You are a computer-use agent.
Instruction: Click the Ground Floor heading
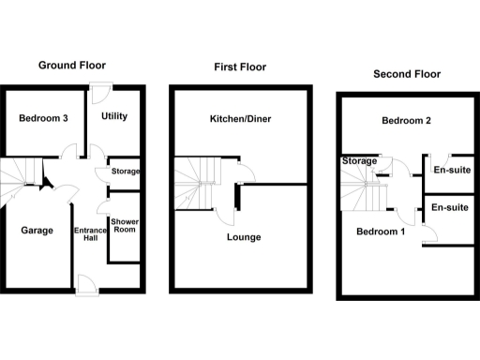(x=71, y=66)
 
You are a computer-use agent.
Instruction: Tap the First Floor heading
(x=239, y=67)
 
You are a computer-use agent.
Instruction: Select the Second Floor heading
(x=407, y=74)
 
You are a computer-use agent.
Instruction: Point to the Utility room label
(x=113, y=116)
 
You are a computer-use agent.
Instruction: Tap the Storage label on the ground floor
(x=125, y=172)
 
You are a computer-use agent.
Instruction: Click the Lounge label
(x=244, y=237)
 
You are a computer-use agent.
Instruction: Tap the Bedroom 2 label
(x=406, y=121)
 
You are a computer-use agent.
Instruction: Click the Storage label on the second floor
(x=358, y=162)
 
